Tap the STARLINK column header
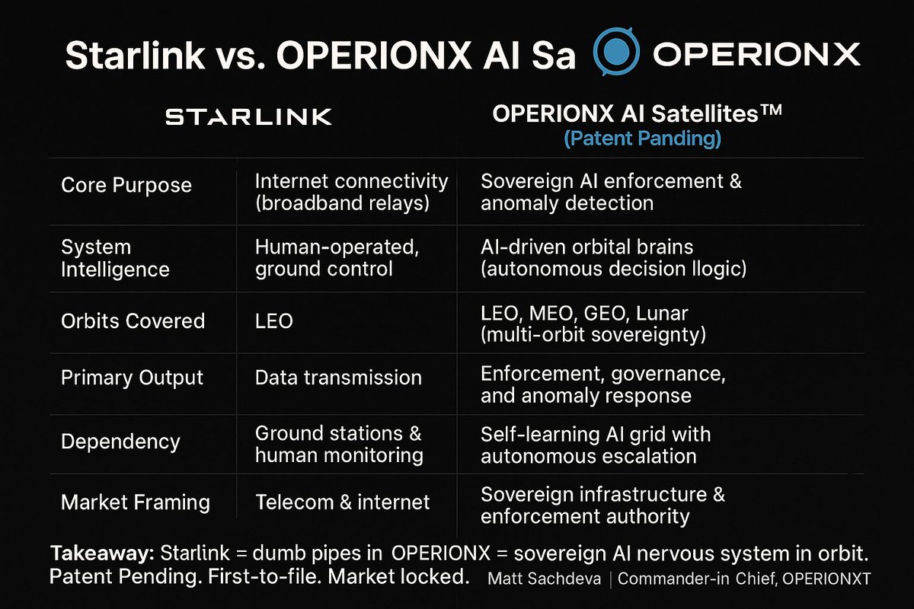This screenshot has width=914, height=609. pos(248,117)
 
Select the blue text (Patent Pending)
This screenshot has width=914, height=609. pos(643,139)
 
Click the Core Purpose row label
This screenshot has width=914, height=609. pos(126,185)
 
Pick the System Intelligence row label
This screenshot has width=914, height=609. pos(115,258)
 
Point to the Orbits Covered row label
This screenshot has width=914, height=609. pos(133,320)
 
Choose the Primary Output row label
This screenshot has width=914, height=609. pos(132,378)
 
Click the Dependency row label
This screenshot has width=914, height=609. pos(120,442)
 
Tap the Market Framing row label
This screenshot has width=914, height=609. pos(136,502)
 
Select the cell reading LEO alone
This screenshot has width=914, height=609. pos(274,321)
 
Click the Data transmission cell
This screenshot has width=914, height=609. pos(338,378)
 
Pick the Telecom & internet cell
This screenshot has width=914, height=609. pos(343,502)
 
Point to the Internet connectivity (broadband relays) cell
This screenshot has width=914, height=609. pos(351,193)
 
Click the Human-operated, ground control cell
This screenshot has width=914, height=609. pos(337,258)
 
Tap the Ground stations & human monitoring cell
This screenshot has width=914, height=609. pos(339,445)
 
